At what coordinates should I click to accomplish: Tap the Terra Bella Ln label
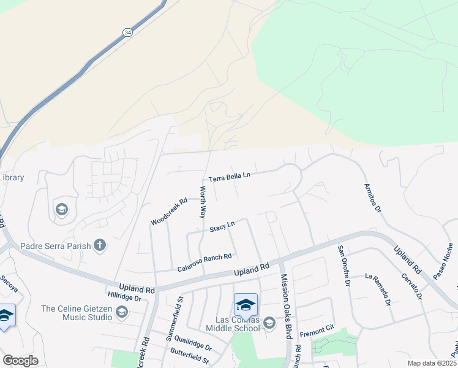pyautogui.click(x=230, y=177)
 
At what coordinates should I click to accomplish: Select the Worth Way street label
pyautogui.click(x=202, y=203)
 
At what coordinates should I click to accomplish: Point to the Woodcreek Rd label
pyautogui.click(x=168, y=210)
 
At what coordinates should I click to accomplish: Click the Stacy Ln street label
pyautogui.click(x=222, y=228)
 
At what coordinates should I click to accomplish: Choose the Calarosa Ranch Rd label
pyautogui.click(x=205, y=263)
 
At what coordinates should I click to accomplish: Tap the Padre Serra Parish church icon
pyautogui.click(x=100, y=246)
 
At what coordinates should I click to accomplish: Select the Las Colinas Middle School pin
pyautogui.click(x=246, y=304)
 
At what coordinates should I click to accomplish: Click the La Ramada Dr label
pyautogui.click(x=377, y=289)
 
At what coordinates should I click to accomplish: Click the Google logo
pyautogui.click(x=20, y=361)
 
